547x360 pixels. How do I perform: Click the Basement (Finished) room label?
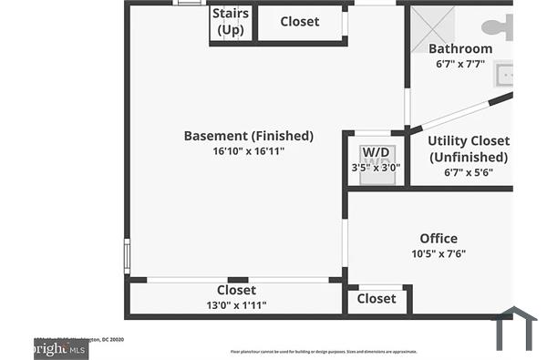248,136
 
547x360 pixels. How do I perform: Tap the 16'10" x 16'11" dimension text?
248,151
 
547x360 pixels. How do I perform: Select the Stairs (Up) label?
231,22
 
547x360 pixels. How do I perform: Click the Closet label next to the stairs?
299,22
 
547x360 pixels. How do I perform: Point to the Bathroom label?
460,49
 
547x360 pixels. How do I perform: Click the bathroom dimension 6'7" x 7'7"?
460,65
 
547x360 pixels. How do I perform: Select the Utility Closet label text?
469,141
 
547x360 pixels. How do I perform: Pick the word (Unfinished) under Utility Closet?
469,157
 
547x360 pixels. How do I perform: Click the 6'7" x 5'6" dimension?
469,172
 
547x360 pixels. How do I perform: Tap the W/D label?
375,152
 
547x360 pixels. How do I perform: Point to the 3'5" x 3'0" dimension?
375,168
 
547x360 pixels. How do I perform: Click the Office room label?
439,239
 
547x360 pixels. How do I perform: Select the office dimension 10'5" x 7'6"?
439,254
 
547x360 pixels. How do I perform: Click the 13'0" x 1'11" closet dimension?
236,305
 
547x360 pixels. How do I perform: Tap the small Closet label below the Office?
377,298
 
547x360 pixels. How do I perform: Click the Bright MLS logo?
60,349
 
